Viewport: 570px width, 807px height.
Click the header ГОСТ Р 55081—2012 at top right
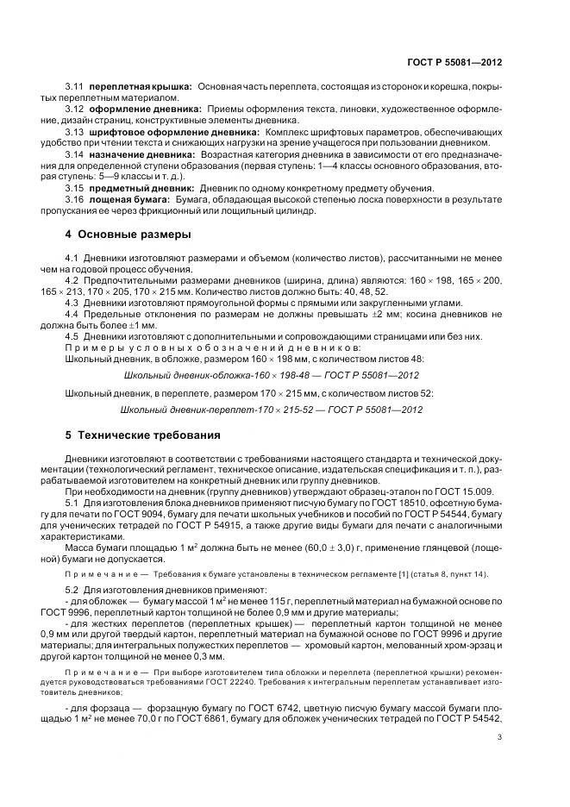click(454, 63)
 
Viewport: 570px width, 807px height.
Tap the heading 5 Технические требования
click(142, 435)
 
